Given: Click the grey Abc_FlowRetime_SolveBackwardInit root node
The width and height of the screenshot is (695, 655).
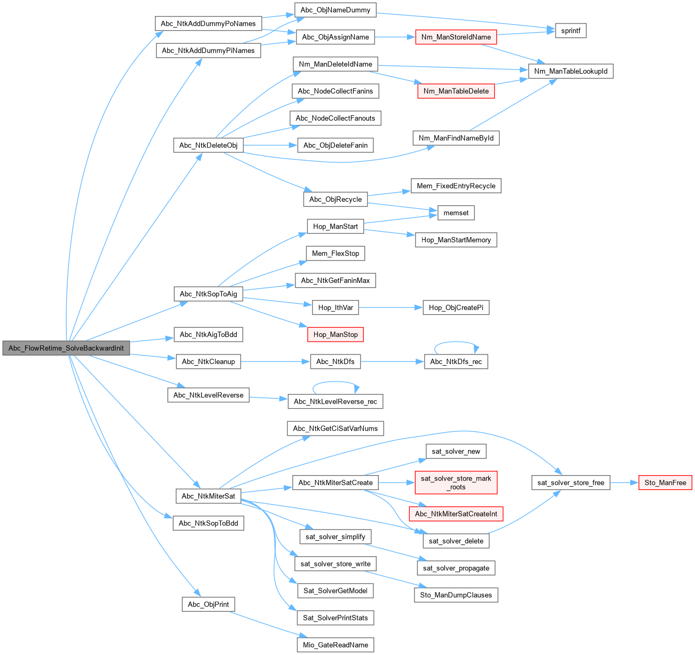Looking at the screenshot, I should click(66, 348).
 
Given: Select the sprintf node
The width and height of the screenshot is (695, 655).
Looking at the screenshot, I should click(571, 30).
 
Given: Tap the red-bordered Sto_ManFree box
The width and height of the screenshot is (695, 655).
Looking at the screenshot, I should click(665, 483).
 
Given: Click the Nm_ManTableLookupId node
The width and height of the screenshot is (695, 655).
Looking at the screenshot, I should click(571, 71).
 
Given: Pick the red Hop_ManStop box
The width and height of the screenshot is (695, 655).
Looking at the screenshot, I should click(335, 335).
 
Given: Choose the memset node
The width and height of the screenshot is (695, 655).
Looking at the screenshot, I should click(456, 212).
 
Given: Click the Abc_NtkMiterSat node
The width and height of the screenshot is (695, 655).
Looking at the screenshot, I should click(208, 496).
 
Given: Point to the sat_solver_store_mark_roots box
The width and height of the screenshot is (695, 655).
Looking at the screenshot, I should click(456, 483).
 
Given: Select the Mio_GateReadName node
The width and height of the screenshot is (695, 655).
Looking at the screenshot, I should click(335, 645).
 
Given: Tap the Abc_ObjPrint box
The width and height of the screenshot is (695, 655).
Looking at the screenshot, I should click(208, 604).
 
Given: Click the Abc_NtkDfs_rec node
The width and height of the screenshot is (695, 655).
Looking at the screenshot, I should click(456, 361).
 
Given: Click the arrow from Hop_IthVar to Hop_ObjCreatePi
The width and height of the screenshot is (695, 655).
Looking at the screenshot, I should click(390, 307).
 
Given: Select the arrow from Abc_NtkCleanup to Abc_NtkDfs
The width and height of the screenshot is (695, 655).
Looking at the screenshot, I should click(275, 361).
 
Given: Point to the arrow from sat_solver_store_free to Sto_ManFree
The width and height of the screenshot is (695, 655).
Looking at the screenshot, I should click(624, 483).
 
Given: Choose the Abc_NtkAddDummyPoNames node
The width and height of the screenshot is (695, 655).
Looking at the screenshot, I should click(208, 23).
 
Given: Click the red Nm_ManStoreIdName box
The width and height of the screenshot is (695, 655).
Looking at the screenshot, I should click(456, 37).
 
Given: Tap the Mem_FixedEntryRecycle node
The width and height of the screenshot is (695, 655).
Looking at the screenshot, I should click(456, 186).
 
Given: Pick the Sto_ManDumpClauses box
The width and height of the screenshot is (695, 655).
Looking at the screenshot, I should click(456, 595).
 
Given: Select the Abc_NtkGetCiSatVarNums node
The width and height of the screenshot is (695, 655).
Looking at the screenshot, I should click(335, 428).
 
